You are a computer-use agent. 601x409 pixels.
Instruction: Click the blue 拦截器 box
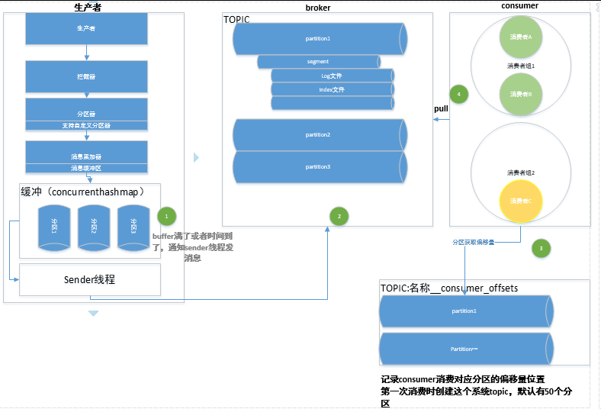[x=85, y=77]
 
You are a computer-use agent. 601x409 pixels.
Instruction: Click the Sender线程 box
[x=90, y=279]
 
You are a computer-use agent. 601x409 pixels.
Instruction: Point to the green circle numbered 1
[x=166, y=215]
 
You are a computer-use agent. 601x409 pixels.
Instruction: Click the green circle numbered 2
[x=339, y=216]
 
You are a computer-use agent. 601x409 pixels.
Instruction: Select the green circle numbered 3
[x=541, y=248]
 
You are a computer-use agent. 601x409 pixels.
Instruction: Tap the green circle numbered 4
[x=458, y=94]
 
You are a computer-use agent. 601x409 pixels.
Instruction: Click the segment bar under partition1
[x=318, y=61]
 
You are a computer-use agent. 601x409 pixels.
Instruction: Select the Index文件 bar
[x=332, y=89]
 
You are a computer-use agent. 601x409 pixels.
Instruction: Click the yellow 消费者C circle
[x=521, y=201]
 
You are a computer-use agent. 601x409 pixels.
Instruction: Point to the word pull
[x=441, y=109]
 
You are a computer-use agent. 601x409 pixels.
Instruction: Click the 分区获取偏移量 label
[x=473, y=242]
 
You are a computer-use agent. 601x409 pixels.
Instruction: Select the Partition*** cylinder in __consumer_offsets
[x=464, y=348]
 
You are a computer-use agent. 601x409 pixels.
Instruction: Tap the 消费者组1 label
[x=521, y=66]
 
